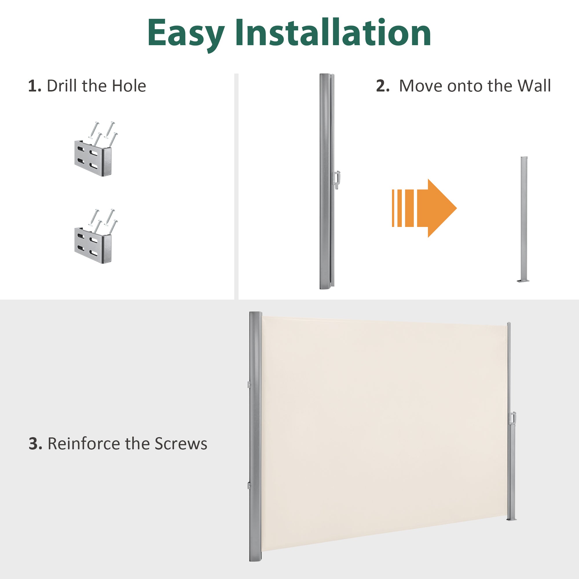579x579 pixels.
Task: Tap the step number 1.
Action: [x=34, y=86]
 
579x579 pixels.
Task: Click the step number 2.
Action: [x=383, y=86]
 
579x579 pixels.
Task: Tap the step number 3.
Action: [x=35, y=444]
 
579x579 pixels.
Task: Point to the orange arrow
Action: [x=424, y=208]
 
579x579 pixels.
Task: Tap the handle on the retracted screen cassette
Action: [x=337, y=180]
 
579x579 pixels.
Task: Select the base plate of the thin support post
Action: [x=523, y=281]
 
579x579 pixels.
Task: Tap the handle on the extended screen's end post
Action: [x=513, y=418]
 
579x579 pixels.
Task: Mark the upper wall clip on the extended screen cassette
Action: [x=249, y=384]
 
